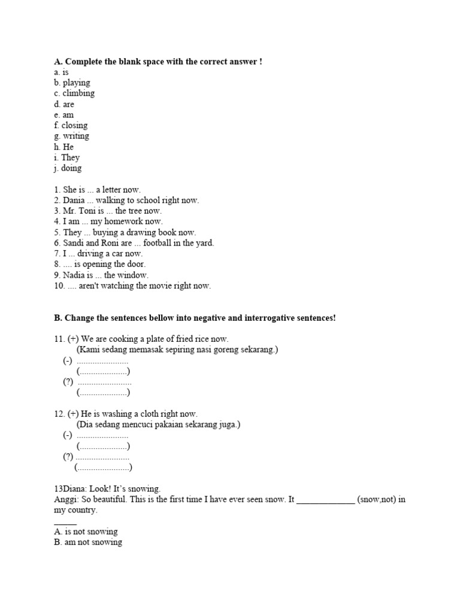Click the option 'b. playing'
pyautogui.click(x=72, y=83)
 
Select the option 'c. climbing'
pyautogui.click(x=74, y=93)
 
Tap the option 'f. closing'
pyautogui.click(x=71, y=125)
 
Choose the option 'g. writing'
pyautogui.click(x=71, y=136)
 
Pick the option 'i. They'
pyautogui.click(x=67, y=157)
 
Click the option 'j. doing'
pyautogui.click(x=68, y=168)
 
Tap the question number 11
pyautogui.click(x=59, y=339)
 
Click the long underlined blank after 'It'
pyautogui.click(x=325, y=499)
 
